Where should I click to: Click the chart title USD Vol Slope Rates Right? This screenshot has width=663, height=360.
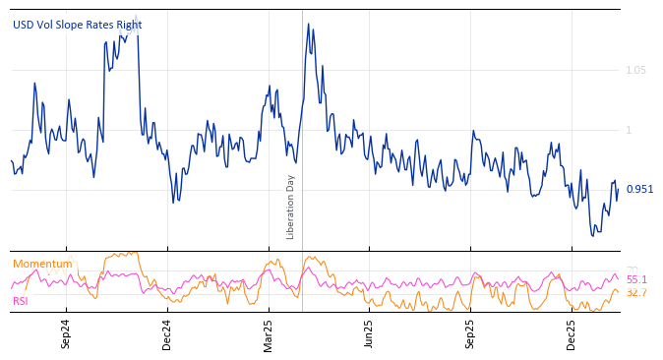(77, 25)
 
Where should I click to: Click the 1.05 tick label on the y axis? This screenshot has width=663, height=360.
(637, 70)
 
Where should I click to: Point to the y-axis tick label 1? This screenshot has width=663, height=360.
(629, 130)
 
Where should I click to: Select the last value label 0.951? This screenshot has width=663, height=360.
(639, 189)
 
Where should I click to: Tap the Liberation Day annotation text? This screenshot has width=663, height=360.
(290, 207)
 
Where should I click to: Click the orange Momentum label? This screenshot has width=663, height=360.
(42, 264)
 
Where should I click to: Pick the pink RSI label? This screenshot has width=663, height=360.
(21, 301)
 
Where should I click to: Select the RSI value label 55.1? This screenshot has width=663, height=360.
(636, 280)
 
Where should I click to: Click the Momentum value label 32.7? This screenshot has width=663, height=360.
(636, 292)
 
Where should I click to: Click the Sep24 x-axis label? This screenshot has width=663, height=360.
(66, 334)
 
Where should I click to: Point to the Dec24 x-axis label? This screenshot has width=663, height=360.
(166, 334)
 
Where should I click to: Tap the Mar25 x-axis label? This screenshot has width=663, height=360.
(269, 334)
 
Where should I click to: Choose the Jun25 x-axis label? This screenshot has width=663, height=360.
(369, 334)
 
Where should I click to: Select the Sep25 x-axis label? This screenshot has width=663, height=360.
(470, 334)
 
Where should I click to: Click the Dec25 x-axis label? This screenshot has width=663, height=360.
(572, 334)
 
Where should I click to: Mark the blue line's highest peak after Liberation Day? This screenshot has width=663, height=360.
(308, 24)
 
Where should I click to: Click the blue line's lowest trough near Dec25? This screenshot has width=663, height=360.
(593, 236)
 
